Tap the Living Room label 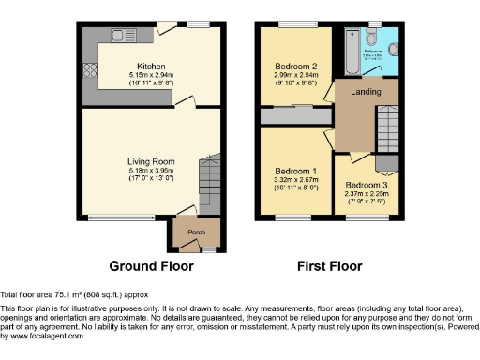[x=151, y=161]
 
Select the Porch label [x=196, y=232]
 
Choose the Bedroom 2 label [x=295, y=66]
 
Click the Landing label [x=366, y=91]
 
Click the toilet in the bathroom [x=374, y=38]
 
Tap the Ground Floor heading [x=151, y=265]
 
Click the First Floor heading [x=330, y=265]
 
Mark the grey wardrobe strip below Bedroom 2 [x=296, y=116]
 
